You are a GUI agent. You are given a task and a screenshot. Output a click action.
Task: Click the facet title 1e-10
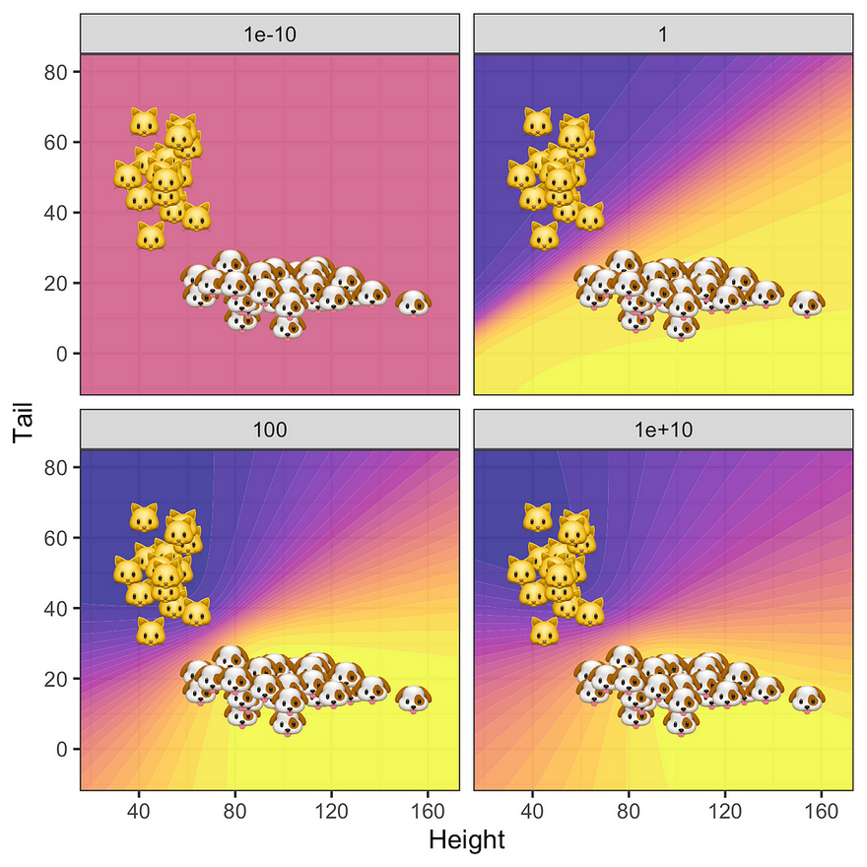pos(269,33)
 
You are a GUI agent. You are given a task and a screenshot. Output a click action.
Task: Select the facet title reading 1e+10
pos(663,430)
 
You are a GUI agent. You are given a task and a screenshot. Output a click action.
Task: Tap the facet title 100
pos(269,430)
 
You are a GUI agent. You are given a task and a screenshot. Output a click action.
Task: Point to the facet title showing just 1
pos(663,33)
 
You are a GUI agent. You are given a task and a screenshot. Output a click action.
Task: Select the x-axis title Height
pos(466,840)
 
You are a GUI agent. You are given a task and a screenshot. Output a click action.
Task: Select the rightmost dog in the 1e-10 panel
pos(413,301)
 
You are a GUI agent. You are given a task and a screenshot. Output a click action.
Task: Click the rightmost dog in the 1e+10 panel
pos(807,698)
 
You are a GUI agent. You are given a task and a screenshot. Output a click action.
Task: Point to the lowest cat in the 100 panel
pos(151,631)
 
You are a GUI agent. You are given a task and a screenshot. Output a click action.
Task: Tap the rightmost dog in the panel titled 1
pos(807,301)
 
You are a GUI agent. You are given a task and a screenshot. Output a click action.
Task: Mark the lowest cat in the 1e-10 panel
pos(151,235)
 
